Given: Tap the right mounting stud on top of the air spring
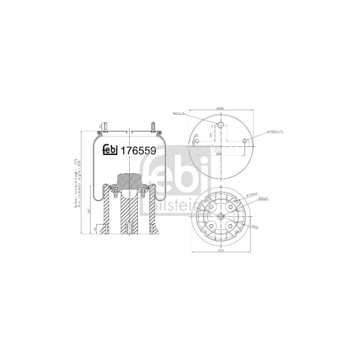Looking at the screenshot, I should tap(154, 126).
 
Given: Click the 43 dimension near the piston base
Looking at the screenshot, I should tap(95, 229).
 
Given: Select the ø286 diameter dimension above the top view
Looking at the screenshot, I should tap(219, 108).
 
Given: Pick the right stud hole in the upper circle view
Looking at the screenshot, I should tap(244, 140).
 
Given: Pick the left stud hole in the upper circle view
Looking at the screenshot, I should tap(195, 140).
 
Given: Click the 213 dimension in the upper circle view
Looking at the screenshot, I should tap(219, 153).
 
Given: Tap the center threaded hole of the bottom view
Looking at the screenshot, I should tap(220, 216).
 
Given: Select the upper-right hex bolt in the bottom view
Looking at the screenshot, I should tap(231, 206).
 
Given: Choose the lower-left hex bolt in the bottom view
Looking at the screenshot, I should tap(210, 227).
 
